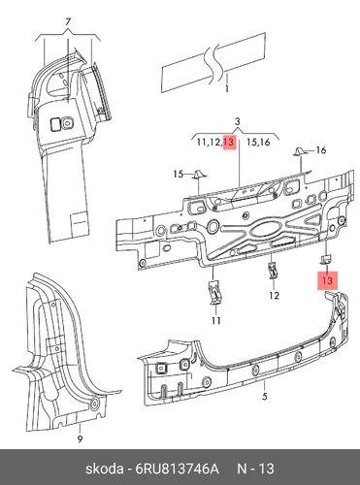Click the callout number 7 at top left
point(68,22)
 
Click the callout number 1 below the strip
point(227,88)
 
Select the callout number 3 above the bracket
point(238,122)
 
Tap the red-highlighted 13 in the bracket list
point(229,143)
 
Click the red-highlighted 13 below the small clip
point(328,280)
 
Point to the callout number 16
point(321,150)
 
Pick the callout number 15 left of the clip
point(179,175)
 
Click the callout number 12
point(274,295)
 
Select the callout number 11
point(216,321)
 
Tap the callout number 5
point(265,396)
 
